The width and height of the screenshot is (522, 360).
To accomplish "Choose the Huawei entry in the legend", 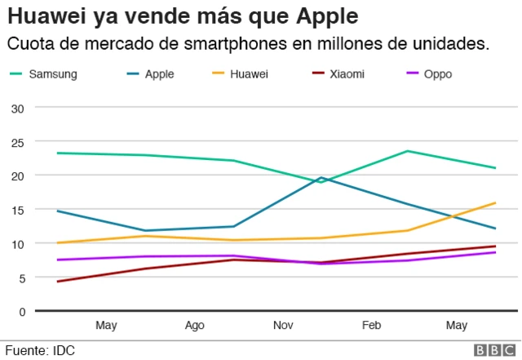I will pos(249,74).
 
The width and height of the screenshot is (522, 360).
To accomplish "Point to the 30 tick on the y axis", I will pos(18,108).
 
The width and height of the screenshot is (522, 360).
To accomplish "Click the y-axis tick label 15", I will pos(18,210).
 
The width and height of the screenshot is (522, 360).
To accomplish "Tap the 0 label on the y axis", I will pos(21,312).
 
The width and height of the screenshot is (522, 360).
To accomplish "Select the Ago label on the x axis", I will pos(194,326).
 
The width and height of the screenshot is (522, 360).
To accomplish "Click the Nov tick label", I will pos(283,326).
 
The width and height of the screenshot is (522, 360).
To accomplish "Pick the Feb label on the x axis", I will pos(371,326).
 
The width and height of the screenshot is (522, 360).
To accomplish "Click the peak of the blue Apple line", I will pos(321,177).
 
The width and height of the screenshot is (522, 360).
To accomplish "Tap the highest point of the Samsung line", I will pos(407,151).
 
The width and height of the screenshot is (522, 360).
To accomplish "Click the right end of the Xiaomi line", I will pos(495,247).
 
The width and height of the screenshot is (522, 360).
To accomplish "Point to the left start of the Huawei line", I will pos(56,242).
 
